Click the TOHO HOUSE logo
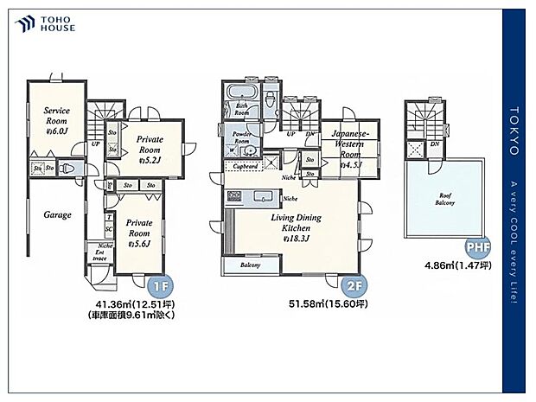tap(44, 23)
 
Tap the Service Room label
tap(57, 119)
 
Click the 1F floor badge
tap(161, 286)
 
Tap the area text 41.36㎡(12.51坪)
tap(131, 304)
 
